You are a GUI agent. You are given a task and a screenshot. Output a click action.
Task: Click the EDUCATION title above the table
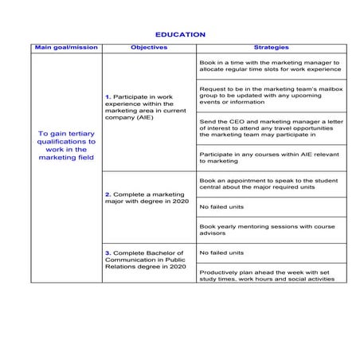coord(180,35)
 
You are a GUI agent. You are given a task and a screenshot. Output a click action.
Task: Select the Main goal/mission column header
coord(66,48)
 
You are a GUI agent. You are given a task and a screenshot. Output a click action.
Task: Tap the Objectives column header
coord(148,48)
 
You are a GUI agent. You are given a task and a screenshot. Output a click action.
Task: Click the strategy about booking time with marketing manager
coord(270,65)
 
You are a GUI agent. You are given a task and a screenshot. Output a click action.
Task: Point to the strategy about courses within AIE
coord(270,157)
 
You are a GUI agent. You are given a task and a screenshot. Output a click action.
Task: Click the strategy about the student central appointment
coord(270,184)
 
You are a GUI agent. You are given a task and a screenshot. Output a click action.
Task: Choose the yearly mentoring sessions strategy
coord(270,229)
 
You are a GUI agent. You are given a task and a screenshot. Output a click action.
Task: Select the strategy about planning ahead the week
coord(270,274)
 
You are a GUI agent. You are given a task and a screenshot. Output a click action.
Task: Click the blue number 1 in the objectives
coord(108,97)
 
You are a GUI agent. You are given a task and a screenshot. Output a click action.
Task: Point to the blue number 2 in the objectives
coord(108,194)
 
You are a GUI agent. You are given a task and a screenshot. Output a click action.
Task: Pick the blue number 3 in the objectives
coord(108,253)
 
